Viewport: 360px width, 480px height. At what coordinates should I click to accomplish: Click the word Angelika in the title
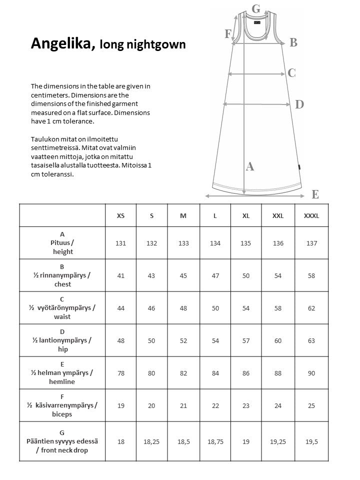click(61, 44)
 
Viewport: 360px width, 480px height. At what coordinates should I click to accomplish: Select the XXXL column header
click(311, 215)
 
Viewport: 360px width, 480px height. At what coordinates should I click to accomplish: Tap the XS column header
click(120, 215)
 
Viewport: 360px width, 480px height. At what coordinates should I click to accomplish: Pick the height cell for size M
click(183, 243)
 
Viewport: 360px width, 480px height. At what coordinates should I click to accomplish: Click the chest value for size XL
click(246, 275)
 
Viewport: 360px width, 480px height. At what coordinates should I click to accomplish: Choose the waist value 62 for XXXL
click(311, 308)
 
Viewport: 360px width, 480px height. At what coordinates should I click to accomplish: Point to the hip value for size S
click(151, 340)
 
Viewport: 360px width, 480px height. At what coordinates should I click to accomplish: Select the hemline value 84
click(215, 373)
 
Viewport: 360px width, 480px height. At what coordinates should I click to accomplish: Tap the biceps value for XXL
click(278, 405)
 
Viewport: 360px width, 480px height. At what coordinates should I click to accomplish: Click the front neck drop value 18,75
click(215, 441)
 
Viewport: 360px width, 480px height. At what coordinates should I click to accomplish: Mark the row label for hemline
click(62, 373)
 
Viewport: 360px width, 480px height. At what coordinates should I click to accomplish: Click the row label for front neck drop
click(62, 441)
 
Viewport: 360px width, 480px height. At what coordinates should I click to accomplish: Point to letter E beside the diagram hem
click(315, 194)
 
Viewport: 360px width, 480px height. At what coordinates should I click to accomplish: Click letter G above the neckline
click(256, 8)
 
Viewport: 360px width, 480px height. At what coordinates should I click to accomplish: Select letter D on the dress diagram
click(299, 104)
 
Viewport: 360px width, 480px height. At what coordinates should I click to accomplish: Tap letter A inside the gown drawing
click(250, 167)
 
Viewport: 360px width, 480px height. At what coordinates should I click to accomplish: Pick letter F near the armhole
click(228, 34)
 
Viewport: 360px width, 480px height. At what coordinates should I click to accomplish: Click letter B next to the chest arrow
click(293, 43)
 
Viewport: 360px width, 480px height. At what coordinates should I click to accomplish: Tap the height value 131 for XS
click(120, 243)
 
